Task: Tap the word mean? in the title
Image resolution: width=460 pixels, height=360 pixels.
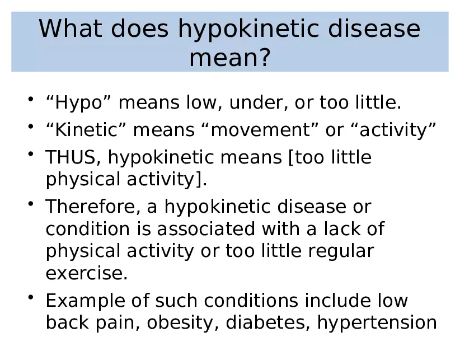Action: point(230,57)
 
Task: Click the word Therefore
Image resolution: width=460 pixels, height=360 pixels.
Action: point(93,207)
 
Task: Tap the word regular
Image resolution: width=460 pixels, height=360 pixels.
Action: point(341,251)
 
